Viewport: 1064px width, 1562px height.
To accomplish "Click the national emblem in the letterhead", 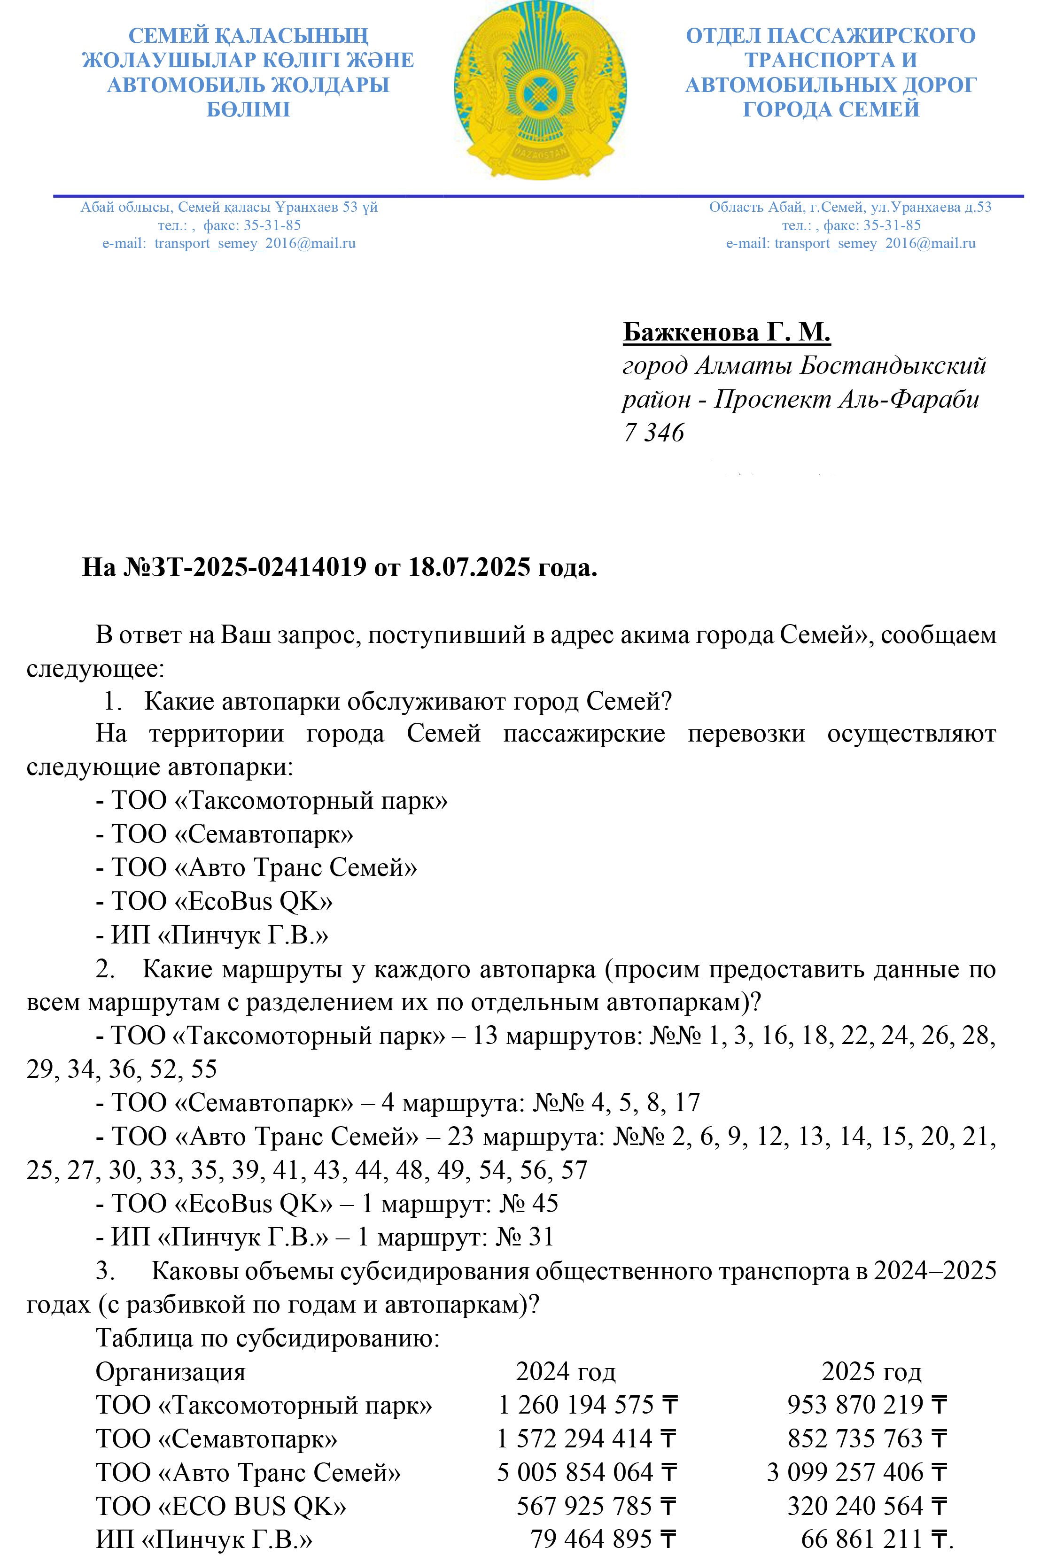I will click(539, 91).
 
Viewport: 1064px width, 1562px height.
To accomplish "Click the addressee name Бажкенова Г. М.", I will click(727, 332).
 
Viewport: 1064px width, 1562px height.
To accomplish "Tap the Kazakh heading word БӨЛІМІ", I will click(248, 109).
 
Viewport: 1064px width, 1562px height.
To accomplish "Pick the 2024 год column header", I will click(565, 1371).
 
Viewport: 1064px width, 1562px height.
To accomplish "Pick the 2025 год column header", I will click(870, 1371).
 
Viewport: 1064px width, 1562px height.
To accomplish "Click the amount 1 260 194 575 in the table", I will click(575, 1405).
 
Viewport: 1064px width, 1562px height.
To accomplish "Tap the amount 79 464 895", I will click(591, 1539).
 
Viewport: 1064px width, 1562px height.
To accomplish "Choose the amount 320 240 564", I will click(855, 1506).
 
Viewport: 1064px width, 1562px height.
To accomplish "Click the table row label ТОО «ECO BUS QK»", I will click(221, 1506).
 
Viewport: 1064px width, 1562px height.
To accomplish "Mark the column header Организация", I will click(171, 1371).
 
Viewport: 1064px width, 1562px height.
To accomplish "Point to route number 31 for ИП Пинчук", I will click(540, 1237).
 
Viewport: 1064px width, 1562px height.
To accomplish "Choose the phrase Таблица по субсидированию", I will click(267, 1338).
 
